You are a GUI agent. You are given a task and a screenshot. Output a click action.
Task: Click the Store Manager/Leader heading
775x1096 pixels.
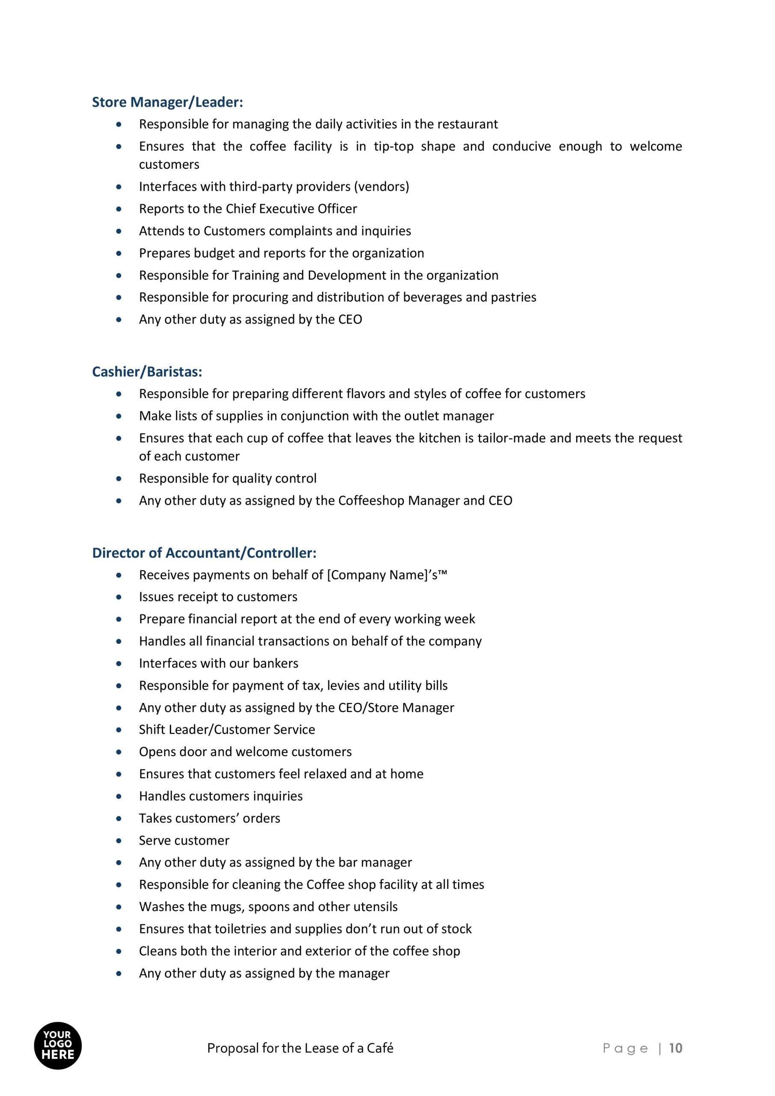167,102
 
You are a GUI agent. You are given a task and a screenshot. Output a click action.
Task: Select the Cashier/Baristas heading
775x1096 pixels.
147,372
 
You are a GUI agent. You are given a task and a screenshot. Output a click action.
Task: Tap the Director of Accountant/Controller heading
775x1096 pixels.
204,553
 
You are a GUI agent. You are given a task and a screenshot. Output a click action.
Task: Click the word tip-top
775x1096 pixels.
393,146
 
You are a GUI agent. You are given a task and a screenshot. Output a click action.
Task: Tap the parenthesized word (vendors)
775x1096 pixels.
381,187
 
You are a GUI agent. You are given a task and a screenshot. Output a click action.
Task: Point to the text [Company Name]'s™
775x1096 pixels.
387,575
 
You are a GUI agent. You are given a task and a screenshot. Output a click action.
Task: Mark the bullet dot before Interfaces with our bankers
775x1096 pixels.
119,664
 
